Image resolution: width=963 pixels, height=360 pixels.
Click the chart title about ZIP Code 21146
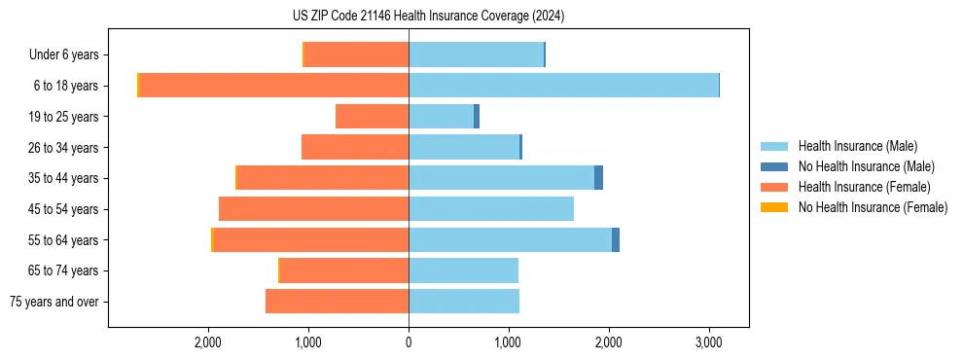(x=428, y=17)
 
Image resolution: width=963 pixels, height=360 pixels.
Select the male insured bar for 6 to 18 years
(x=563, y=86)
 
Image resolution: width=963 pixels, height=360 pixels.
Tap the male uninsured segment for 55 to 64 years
(x=616, y=240)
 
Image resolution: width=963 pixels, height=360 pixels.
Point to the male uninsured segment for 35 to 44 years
(x=599, y=178)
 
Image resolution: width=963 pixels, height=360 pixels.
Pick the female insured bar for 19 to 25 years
(x=372, y=117)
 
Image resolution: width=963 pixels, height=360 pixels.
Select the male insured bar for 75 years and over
(x=464, y=302)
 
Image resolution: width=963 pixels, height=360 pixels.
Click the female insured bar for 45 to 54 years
(x=313, y=209)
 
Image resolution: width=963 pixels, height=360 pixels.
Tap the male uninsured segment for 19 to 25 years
(x=477, y=117)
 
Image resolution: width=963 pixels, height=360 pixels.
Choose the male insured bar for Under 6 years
(x=476, y=54)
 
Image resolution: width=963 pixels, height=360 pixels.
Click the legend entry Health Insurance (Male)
(x=857, y=146)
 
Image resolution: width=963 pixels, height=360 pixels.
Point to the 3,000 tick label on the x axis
(x=708, y=342)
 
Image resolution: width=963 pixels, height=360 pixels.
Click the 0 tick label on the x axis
(x=409, y=342)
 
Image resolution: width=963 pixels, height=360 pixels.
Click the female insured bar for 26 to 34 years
(x=355, y=148)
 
